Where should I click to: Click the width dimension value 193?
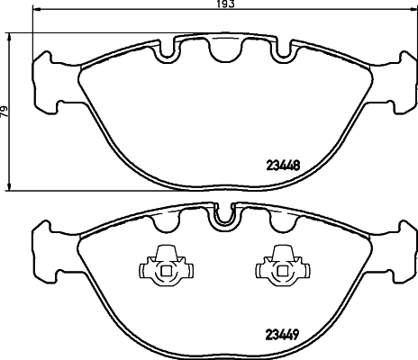225,4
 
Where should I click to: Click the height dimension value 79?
4,112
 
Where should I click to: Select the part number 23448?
283,165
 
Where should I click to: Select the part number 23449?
282,334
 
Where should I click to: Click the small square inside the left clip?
166,271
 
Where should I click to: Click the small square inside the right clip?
282,271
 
